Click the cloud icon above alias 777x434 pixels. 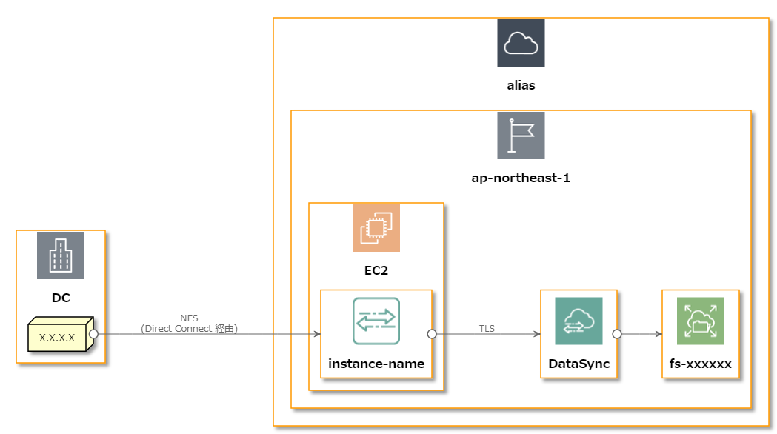click(x=521, y=43)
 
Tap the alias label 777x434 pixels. click(x=521, y=85)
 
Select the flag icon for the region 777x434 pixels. click(x=521, y=136)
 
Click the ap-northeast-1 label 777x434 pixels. click(x=521, y=178)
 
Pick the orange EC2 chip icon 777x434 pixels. click(x=376, y=228)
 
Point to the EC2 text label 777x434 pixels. click(x=376, y=270)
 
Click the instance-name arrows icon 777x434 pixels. click(x=376, y=321)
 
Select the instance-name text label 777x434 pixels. click(x=376, y=364)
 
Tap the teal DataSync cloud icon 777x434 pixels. click(x=578, y=321)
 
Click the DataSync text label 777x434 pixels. click(x=578, y=364)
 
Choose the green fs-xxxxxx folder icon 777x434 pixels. click(x=700, y=321)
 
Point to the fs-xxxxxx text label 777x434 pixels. click(x=700, y=364)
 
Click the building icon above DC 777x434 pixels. click(x=61, y=256)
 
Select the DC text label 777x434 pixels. click(x=61, y=298)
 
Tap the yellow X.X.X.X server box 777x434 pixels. click(x=58, y=337)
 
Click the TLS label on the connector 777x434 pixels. click(x=487, y=328)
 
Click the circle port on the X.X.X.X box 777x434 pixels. click(x=94, y=334)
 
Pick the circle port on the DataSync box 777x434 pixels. click(x=616, y=334)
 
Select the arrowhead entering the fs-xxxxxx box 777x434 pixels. click(x=658, y=334)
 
